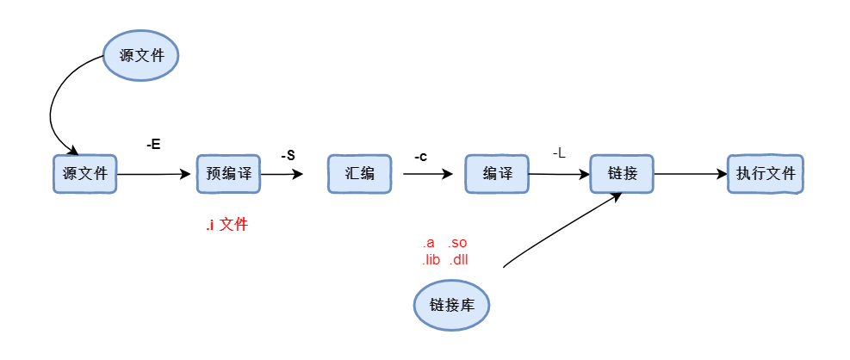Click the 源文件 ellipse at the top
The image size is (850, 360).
point(140,56)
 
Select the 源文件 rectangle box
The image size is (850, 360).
point(84,174)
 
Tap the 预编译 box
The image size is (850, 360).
point(228,174)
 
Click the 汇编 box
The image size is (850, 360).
point(359,174)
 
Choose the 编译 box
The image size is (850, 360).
point(496,174)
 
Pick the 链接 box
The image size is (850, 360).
point(622,174)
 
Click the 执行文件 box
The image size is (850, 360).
point(765,174)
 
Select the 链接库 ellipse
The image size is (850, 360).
point(451,305)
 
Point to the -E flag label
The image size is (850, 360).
point(153,145)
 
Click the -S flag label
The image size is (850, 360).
point(288,156)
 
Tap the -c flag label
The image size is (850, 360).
point(420,157)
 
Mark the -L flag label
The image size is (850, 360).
point(559,153)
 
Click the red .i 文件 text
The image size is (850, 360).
point(226,226)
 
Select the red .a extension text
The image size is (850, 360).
point(428,244)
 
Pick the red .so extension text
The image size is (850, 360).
point(457,244)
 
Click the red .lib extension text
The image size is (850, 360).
point(431,259)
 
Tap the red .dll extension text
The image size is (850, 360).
point(458,259)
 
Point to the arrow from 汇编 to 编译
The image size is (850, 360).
point(426,174)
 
